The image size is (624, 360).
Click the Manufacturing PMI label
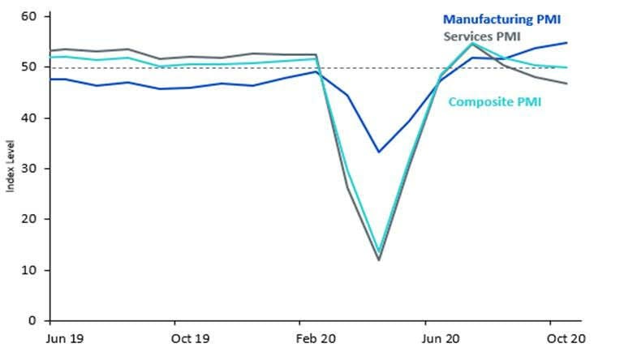[513, 19]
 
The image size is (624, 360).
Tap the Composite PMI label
[495, 102]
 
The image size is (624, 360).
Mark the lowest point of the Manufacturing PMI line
[378, 152]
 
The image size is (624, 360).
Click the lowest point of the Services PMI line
[378, 259]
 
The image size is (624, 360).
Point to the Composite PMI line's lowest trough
[378, 252]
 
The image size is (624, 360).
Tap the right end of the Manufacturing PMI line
[566, 43]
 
